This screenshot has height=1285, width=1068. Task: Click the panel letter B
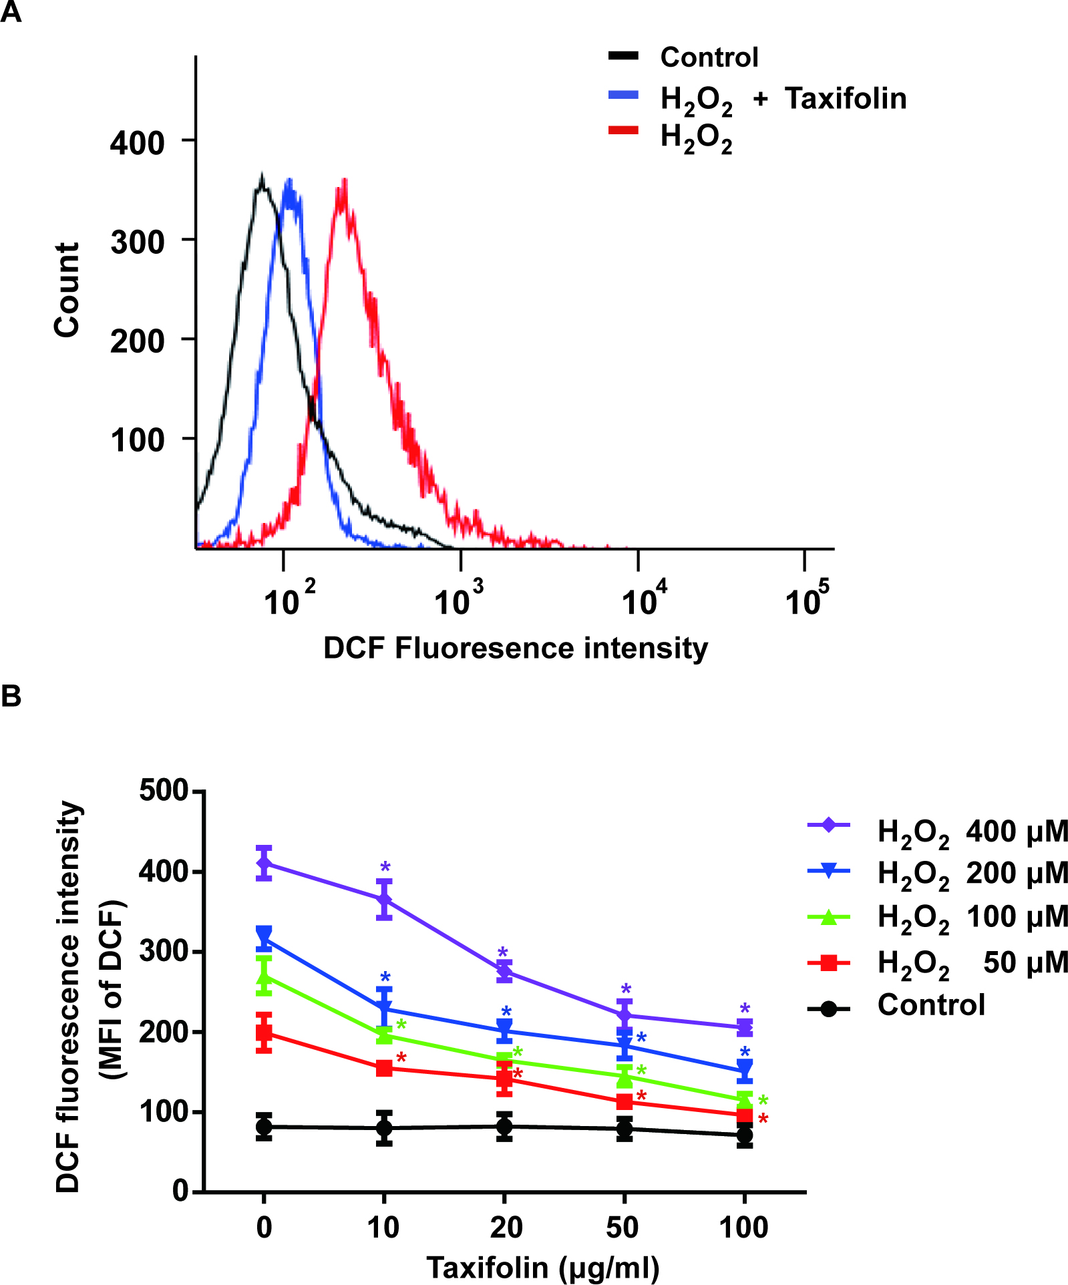[x=11, y=697]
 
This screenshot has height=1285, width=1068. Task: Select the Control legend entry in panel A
[x=709, y=57]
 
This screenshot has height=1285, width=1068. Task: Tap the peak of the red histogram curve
[x=344, y=182]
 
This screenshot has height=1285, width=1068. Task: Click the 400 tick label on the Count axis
[x=138, y=143]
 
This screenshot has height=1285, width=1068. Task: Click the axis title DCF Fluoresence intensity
[x=515, y=649]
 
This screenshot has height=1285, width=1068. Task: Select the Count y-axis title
[x=67, y=290]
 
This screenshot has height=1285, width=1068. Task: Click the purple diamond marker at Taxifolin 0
[x=264, y=863]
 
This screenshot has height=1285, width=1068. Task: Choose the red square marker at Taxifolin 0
[x=264, y=1033]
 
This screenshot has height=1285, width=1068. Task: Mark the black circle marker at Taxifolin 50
[x=625, y=1129]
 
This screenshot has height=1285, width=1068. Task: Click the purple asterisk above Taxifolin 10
[x=385, y=868]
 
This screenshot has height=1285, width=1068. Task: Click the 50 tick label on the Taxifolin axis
[x=622, y=1228]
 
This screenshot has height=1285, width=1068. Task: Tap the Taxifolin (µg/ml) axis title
[x=542, y=1268]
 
